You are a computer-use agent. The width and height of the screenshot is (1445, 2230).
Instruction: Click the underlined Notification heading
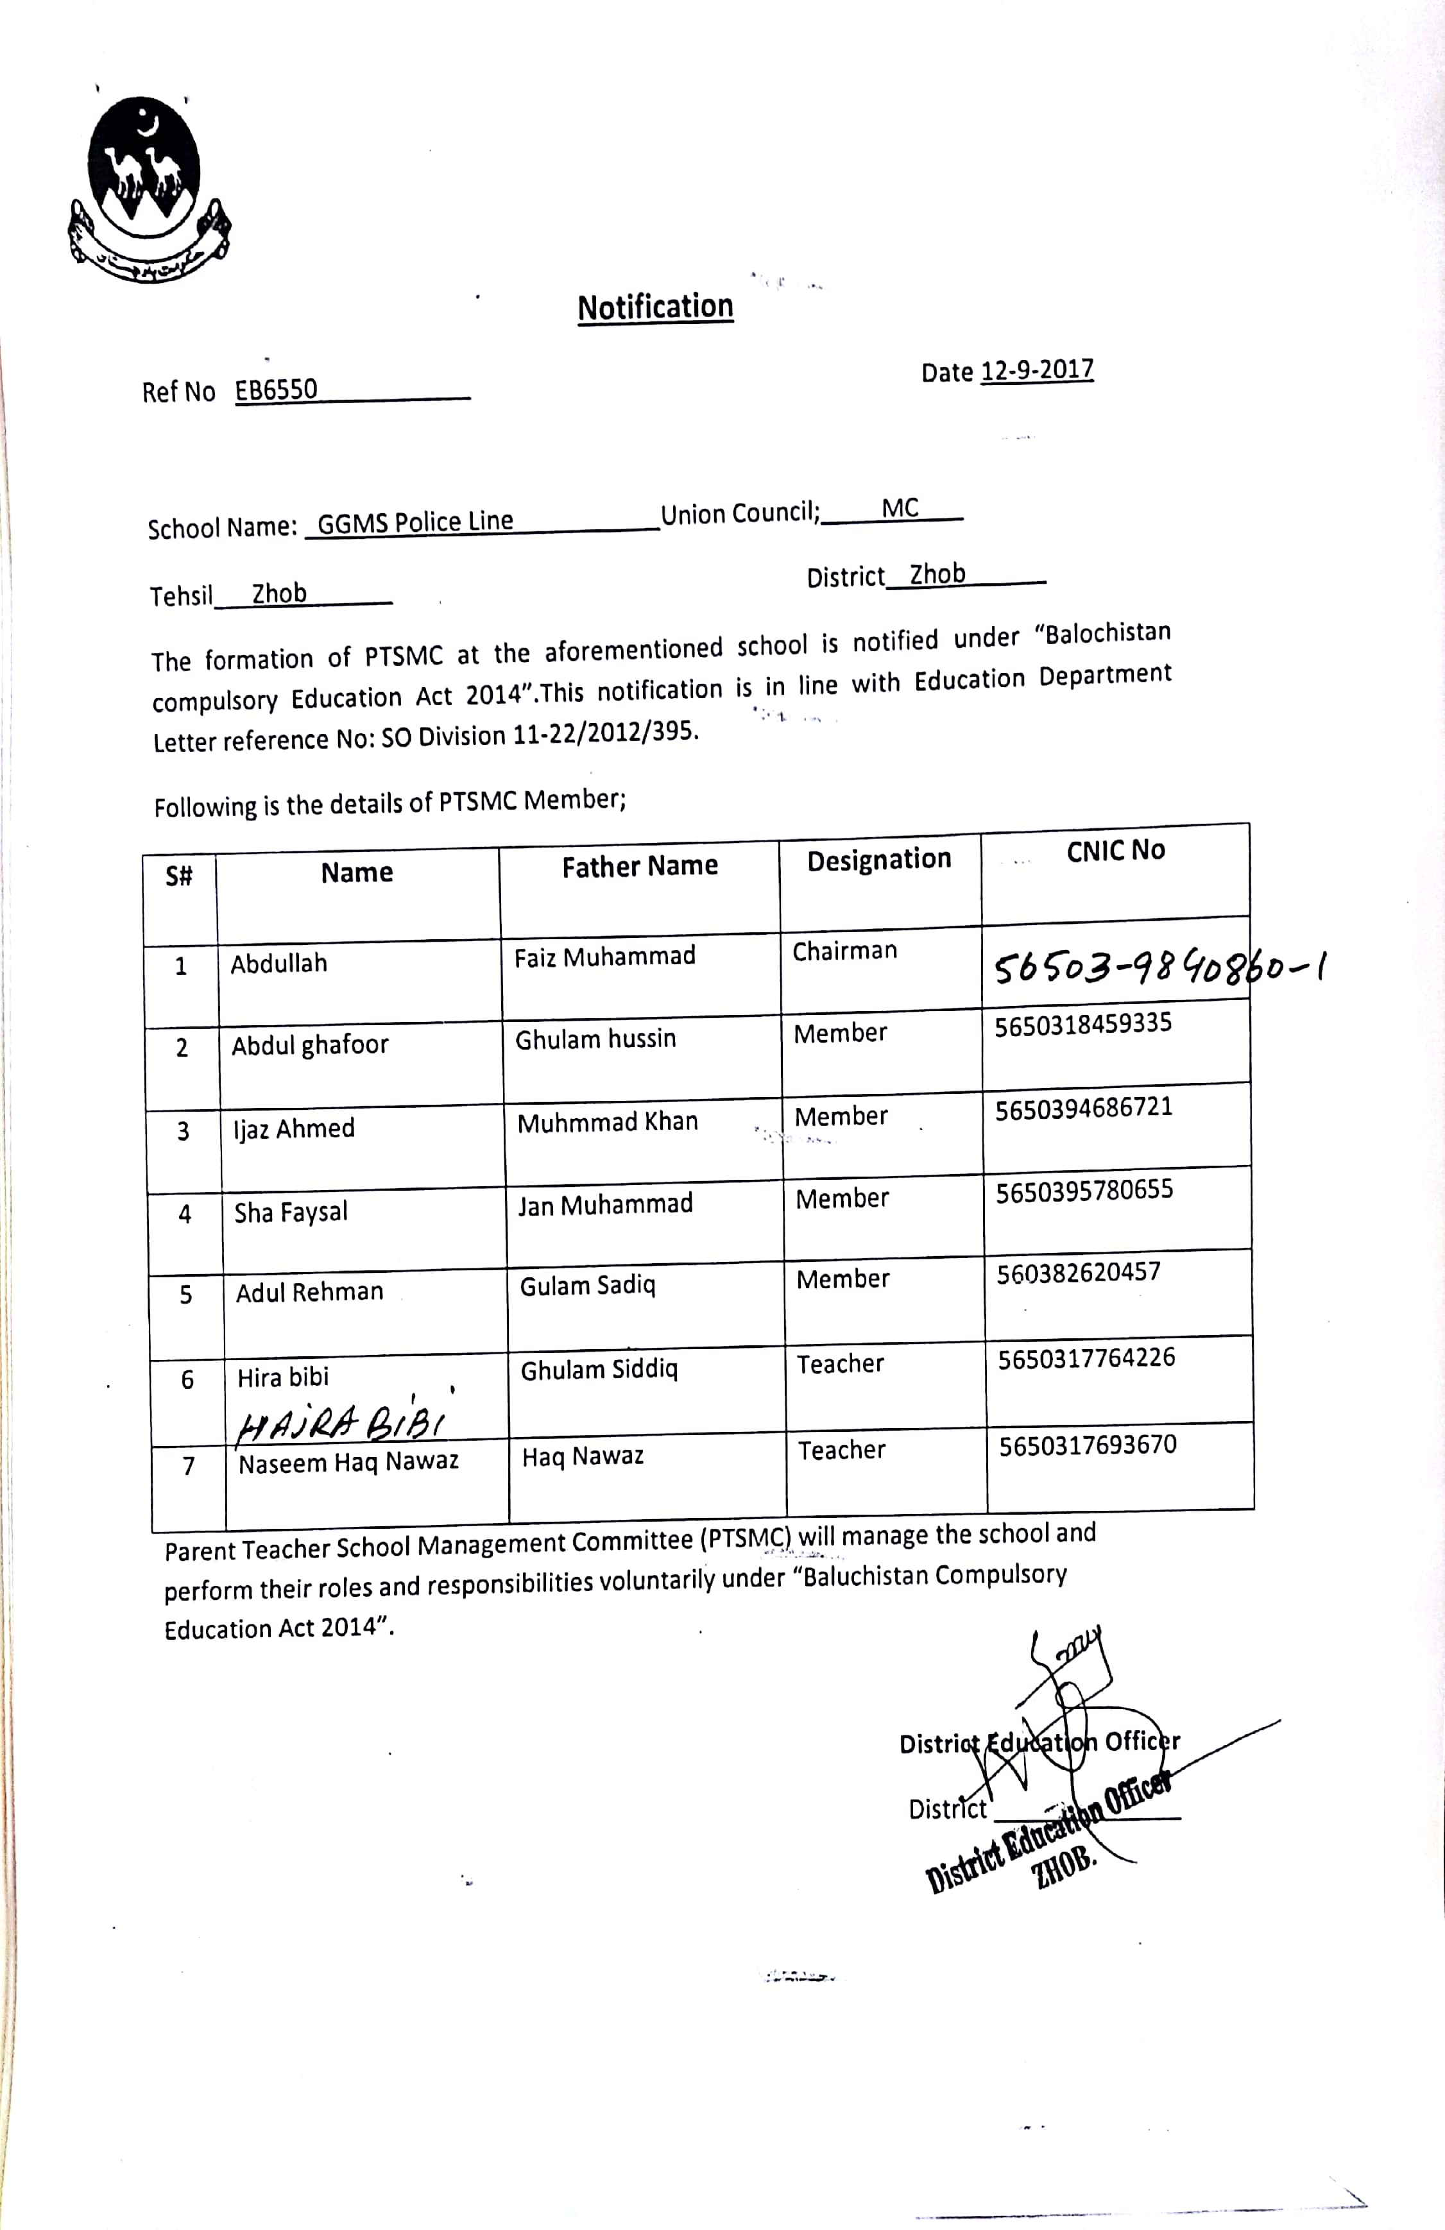pyautogui.click(x=655, y=307)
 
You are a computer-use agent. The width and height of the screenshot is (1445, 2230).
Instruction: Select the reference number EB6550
pyautogui.click(x=277, y=390)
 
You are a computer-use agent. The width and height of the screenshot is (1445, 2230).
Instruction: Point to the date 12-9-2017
pyautogui.click(x=1036, y=370)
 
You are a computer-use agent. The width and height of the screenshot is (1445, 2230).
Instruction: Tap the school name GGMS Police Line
pyautogui.click(x=415, y=522)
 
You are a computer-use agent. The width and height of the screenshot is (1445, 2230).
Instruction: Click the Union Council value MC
pyautogui.click(x=900, y=509)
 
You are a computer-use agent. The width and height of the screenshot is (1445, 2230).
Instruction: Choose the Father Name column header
pyautogui.click(x=640, y=867)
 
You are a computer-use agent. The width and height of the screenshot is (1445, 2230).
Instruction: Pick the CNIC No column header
pyautogui.click(x=1115, y=851)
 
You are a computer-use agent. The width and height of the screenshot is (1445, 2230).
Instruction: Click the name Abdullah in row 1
pyautogui.click(x=279, y=963)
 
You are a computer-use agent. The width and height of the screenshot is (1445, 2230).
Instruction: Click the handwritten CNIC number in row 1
pyautogui.click(x=1158, y=965)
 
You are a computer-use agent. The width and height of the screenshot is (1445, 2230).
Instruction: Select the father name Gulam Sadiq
pyautogui.click(x=588, y=1286)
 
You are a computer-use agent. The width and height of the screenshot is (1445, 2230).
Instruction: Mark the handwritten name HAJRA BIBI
pyautogui.click(x=342, y=1425)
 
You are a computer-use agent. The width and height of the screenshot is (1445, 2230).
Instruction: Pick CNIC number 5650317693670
pyautogui.click(x=1087, y=1445)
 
